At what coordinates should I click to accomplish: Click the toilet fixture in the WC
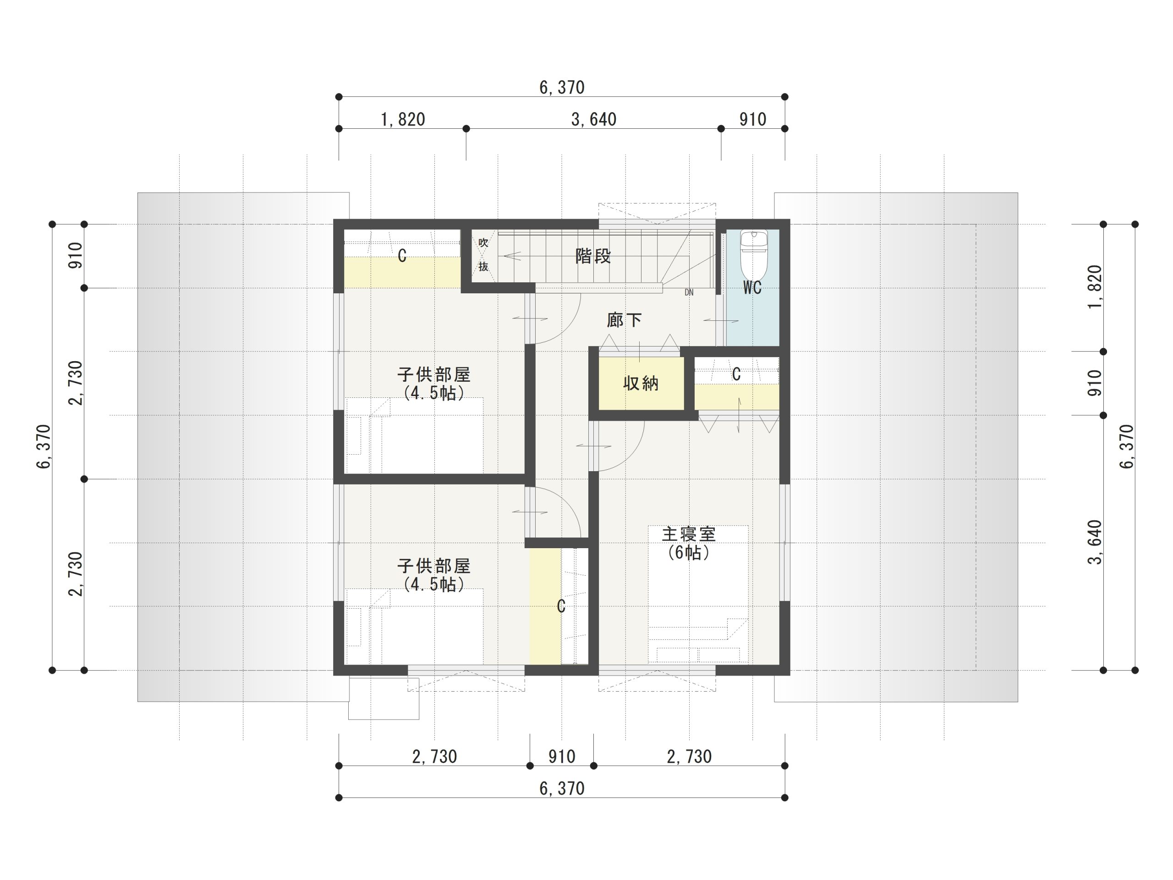tap(754, 254)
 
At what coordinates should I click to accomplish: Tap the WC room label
tap(752, 287)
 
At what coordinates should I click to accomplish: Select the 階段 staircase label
tap(593, 256)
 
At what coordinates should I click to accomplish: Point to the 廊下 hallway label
tap(624, 320)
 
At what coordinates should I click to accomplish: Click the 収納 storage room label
tap(641, 383)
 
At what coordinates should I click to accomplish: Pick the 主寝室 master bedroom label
tap(689, 534)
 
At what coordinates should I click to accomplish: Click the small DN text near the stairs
tap(689, 292)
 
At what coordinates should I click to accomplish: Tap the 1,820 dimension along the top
tap(403, 119)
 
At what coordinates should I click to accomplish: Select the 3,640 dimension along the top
tap(594, 119)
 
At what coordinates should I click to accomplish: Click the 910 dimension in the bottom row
tap(562, 756)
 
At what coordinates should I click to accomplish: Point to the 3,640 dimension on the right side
tap(1095, 542)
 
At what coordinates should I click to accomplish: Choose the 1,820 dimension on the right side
tap(1095, 287)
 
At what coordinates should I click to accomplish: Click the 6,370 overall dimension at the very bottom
tap(562, 789)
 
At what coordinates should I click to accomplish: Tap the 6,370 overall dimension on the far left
tap(44, 446)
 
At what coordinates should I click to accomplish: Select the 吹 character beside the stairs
tap(483, 242)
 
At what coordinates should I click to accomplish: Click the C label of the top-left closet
tap(402, 256)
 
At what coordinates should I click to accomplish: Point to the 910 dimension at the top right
tap(752, 119)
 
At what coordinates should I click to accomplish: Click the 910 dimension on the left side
tap(76, 255)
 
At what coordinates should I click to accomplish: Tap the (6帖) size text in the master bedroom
tap(689, 553)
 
